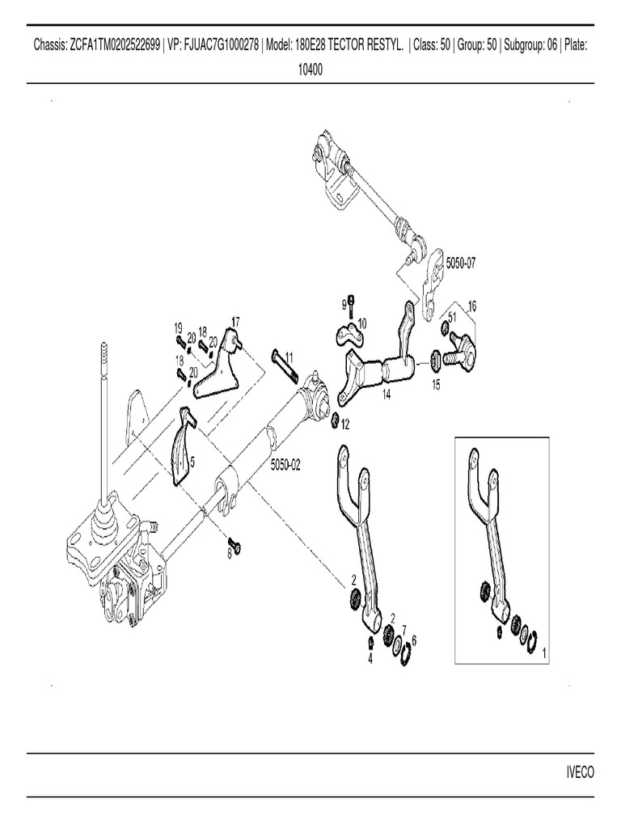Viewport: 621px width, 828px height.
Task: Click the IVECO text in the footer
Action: coord(579,772)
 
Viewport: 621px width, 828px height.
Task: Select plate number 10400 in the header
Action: coord(310,70)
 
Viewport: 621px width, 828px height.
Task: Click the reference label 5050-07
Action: coord(463,264)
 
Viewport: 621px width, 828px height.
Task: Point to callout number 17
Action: coord(235,322)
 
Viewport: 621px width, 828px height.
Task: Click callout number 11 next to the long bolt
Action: coord(289,357)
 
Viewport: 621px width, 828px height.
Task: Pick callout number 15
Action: coord(436,385)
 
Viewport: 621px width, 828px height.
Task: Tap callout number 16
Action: coord(472,306)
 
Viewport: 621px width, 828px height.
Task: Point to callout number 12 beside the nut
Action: coord(345,425)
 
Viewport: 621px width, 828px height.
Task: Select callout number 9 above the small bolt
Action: coord(344,304)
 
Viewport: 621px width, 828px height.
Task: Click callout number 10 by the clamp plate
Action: coord(361,323)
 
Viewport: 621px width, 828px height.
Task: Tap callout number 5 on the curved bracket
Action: coord(192,462)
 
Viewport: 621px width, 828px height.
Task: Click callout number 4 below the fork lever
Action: coord(370,658)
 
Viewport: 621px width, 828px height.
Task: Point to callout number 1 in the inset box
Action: coord(543,651)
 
